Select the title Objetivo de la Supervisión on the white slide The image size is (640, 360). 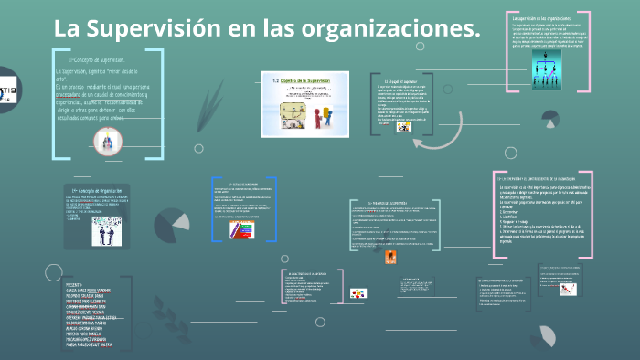pyautogui.click(x=305, y=80)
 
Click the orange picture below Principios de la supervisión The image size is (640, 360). pyautogui.click(x=390, y=259)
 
